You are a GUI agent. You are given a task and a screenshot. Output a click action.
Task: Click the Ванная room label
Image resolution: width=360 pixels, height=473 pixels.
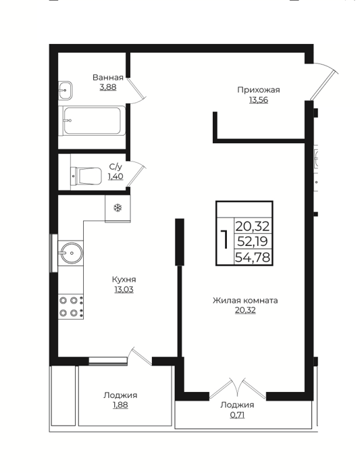[x=107, y=78]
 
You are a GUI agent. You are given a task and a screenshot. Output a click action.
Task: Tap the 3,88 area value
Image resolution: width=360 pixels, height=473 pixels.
[x=107, y=87]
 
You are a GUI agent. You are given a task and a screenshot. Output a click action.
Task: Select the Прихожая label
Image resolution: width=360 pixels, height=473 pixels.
[x=259, y=90]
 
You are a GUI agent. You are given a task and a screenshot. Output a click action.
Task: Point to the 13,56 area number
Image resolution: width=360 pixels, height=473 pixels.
[x=259, y=100]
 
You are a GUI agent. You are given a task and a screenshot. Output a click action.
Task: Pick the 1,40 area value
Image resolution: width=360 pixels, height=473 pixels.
[x=115, y=176]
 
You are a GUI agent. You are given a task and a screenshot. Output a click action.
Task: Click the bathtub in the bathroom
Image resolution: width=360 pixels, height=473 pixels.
[x=94, y=121]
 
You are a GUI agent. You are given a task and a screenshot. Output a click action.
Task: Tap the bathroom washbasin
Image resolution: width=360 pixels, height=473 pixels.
[x=65, y=90]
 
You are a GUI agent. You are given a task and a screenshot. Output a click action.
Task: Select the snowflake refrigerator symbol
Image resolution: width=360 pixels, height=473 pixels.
[x=118, y=208]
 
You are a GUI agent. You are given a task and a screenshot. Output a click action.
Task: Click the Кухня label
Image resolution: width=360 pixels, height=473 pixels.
[x=124, y=279]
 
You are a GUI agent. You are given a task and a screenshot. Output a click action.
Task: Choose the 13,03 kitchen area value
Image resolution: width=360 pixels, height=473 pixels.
[x=124, y=290]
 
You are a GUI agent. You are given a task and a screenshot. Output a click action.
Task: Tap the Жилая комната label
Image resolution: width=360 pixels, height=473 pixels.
[x=245, y=301]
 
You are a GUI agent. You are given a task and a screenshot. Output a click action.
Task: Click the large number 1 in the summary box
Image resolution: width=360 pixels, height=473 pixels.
[x=224, y=239]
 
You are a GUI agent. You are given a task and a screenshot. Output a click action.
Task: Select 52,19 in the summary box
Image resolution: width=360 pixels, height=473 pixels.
[x=253, y=242]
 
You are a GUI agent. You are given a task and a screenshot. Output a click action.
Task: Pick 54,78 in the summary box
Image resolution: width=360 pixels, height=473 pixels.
[x=253, y=257]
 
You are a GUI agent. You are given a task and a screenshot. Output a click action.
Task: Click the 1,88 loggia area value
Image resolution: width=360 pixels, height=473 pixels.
[x=120, y=405]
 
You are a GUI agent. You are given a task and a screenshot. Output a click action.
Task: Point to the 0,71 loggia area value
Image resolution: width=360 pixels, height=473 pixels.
[x=237, y=415]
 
